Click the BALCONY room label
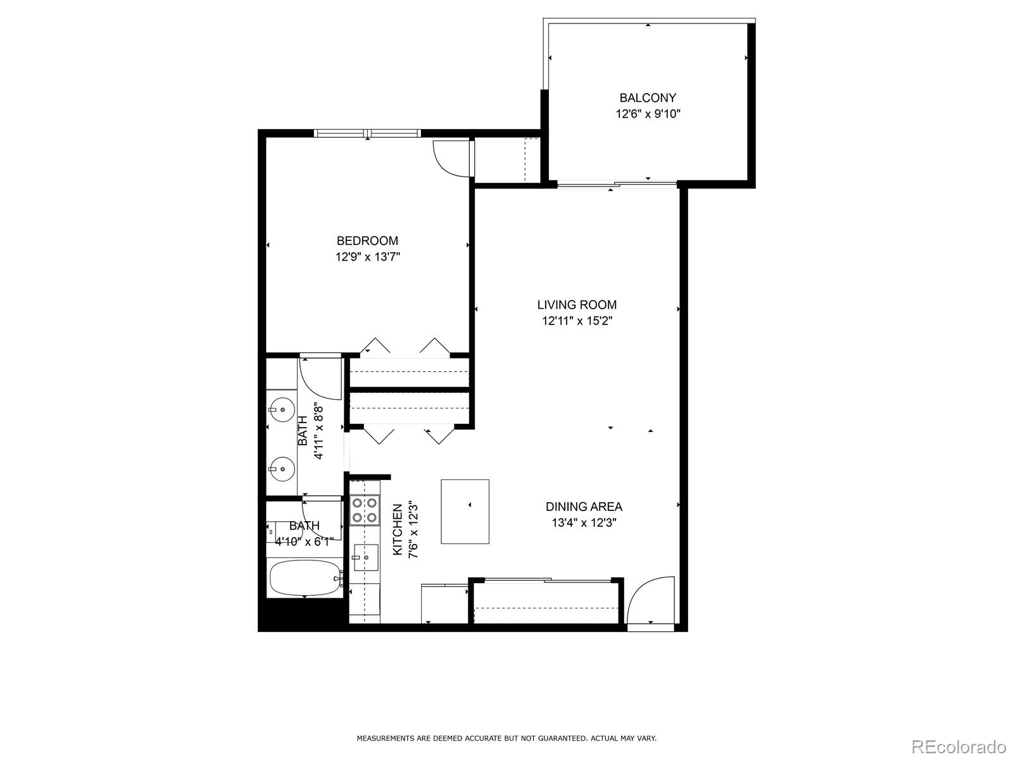648,98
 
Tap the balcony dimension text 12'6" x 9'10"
648,114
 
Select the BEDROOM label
367,241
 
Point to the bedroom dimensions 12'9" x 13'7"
367,257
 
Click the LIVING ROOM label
577,305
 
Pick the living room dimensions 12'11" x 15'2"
577,321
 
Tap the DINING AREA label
584,507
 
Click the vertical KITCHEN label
398,529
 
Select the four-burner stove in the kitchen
365,510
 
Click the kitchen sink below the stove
365,557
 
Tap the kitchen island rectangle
465,511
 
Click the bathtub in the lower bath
305,578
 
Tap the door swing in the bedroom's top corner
451,157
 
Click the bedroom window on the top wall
367,133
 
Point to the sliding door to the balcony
617,185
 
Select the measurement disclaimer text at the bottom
507,738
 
